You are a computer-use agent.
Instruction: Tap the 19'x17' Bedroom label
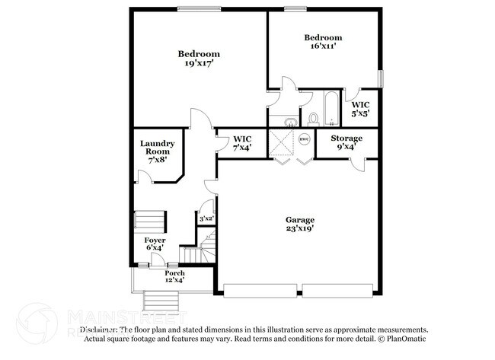click(x=199, y=59)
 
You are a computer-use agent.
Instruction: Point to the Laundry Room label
click(x=158, y=151)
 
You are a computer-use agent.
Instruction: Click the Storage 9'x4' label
click(x=346, y=143)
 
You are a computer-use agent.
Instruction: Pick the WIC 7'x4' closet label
click(x=242, y=143)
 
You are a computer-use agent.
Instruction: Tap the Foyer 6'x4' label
click(x=155, y=244)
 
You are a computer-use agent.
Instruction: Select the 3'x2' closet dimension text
click(x=206, y=219)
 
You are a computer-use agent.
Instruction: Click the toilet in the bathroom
click(x=314, y=118)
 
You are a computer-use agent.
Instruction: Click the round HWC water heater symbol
click(x=304, y=139)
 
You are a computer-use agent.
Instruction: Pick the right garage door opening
click(x=337, y=291)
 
